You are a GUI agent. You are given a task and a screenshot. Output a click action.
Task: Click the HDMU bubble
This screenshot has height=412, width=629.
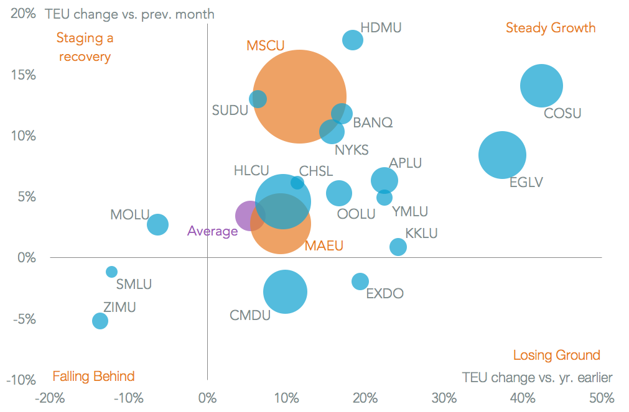[x=353, y=40]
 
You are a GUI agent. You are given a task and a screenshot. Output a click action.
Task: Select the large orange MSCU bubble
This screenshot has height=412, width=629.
[x=299, y=96]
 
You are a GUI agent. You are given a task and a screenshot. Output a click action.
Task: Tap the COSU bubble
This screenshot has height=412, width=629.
[x=541, y=86]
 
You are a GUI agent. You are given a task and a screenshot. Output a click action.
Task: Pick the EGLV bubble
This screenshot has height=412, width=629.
[x=502, y=155]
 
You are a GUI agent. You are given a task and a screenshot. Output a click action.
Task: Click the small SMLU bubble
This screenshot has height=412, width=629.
[x=112, y=272]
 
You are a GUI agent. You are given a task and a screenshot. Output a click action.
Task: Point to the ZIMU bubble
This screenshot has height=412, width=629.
[x=100, y=321]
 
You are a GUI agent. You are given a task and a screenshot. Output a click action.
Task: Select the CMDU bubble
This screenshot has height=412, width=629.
[x=285, y=291]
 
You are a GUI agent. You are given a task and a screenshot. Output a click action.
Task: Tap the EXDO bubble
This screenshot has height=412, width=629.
[x=360, y=281]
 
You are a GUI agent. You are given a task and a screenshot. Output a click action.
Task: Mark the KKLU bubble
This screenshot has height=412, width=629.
[x=398, y=247]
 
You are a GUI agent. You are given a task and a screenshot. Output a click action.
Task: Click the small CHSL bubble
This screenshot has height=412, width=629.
[x=297, y=183]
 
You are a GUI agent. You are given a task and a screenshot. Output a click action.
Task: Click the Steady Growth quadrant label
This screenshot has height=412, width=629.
[x=551, y=28]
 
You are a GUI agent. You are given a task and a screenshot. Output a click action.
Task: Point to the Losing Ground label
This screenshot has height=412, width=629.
[x=556, y=355]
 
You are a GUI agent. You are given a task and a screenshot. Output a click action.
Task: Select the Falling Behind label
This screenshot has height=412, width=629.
[x=93, y=376]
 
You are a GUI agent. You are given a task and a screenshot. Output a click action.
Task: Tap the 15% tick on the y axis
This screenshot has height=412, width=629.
[x=24, y=75]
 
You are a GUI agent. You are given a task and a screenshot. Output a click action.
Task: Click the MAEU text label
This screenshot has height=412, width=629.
[x=324, y=247]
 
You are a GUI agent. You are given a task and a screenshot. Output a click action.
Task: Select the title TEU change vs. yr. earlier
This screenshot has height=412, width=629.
[x=537, y=377]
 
